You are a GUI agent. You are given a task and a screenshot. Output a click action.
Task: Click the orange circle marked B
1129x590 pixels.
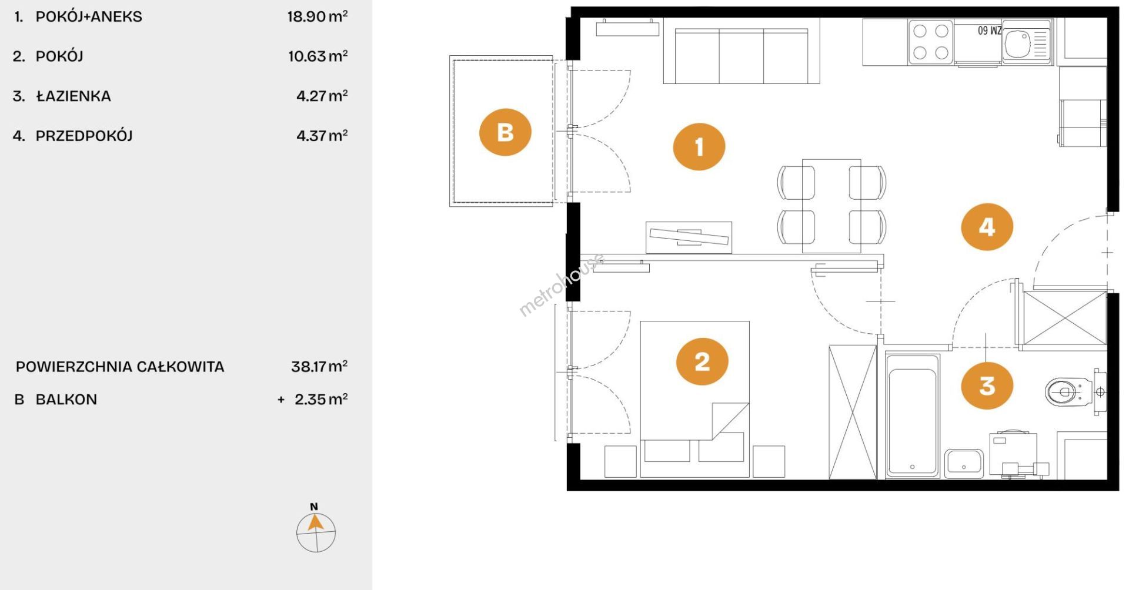tap(505, 132)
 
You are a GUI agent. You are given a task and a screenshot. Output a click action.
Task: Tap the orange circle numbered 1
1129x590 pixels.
tap(699, 146)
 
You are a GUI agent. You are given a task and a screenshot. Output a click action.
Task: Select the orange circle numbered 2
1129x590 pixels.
tap(702, 361)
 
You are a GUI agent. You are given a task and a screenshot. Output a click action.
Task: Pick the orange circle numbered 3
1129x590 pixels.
tap(987, 385)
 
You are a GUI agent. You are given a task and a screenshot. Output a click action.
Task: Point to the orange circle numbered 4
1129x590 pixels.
tap(987, 227)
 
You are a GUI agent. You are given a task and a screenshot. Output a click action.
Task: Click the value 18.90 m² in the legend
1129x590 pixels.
tap(318, 16)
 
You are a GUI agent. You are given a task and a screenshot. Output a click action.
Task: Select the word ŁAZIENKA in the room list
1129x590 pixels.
tap(74, 96)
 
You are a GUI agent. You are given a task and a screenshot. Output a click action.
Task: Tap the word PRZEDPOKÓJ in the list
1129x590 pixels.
tap(84, 136)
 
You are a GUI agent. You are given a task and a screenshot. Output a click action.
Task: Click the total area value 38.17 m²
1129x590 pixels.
tap(319, 367)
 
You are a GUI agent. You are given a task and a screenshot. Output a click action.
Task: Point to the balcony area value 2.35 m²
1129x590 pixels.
tap(321, 400)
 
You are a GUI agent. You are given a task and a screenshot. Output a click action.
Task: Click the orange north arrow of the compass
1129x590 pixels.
tap(315, 522)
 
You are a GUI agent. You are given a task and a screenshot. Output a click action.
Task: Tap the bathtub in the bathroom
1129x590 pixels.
tap(912, 415)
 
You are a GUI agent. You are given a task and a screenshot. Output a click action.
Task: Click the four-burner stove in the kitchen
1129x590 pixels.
tap(931, 42)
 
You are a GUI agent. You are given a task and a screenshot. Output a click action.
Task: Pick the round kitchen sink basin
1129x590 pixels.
tap(1017, 43)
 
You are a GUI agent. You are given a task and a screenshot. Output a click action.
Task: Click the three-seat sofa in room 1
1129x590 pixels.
tap(741, 51)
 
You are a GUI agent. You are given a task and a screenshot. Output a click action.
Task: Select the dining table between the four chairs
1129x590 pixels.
tap(831, 206)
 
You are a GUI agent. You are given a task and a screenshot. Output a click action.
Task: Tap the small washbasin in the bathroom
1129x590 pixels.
tap(964, 464)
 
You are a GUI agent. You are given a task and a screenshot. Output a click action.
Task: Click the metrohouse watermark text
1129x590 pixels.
tap(562, 285)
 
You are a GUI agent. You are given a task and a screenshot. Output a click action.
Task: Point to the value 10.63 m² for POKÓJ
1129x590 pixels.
tap(318, 56)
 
